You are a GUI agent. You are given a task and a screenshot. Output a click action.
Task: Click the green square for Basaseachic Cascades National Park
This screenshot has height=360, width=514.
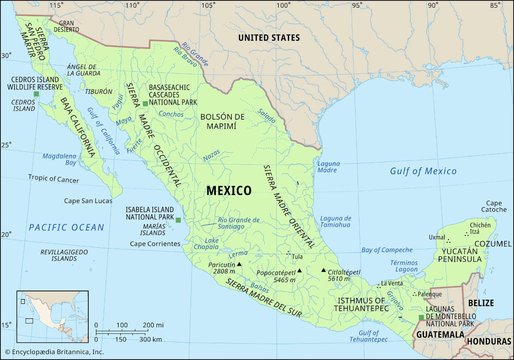145,103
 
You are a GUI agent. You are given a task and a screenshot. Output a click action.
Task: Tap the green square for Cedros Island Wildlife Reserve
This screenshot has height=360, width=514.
36,94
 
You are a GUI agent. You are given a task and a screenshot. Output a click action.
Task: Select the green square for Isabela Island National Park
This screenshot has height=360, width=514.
178,220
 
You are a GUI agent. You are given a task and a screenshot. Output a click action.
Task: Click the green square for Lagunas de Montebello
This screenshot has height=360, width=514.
421,317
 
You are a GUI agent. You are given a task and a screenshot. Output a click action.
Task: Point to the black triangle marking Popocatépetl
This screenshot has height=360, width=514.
300,270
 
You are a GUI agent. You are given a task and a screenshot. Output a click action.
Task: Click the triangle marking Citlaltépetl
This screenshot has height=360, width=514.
323,270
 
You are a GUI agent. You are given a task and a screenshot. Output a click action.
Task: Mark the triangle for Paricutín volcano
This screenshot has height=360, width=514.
239,264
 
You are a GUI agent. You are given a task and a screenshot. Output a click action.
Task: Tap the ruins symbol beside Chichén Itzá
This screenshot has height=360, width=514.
466,234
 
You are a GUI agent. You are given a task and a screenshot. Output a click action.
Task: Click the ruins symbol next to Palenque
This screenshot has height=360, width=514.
414,294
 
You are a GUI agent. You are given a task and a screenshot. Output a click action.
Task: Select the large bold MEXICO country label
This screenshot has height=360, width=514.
229,191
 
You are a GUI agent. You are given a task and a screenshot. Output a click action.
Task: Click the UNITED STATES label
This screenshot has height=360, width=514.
269,38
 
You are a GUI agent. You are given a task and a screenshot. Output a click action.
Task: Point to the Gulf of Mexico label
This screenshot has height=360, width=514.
423,171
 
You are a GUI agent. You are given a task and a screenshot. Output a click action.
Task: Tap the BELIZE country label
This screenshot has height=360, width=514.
481,303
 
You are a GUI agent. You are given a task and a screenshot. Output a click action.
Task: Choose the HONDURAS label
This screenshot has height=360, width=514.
489,342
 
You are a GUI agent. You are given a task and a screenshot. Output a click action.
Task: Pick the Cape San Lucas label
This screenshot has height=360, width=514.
88,201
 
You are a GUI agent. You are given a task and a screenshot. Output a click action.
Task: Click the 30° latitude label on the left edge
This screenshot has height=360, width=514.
6,55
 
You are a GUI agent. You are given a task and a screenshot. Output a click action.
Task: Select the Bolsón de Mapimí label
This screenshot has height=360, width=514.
222,121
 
